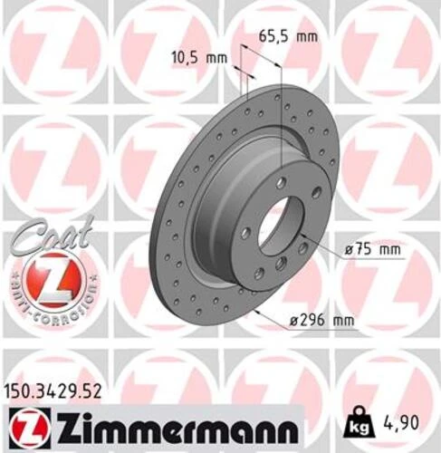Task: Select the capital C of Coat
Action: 24,239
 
